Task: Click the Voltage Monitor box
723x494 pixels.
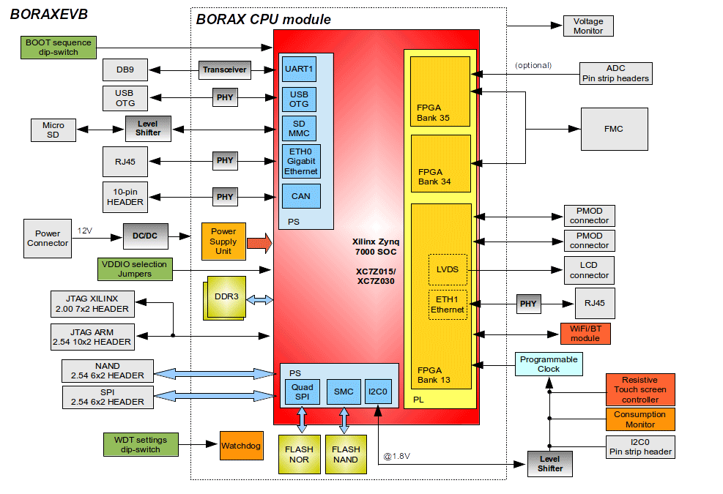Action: (x=588, y=26)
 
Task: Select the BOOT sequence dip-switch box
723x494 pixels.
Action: (x=59, y=47)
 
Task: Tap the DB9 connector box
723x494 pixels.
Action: (x=125, y=70)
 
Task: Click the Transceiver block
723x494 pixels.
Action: (x=225, y=70)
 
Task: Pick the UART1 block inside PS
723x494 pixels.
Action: (x=300, y=69)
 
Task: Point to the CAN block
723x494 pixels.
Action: (x=301, y=196)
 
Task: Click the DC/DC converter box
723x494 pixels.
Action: (x=145, y=236)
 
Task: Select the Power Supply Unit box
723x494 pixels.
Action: (x=223, y=241)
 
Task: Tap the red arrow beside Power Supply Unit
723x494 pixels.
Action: (x=259, y=243)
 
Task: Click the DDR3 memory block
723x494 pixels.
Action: (x=225, y=298)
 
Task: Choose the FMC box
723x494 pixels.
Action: (x=614, y=129)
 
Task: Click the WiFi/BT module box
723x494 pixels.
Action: (x=585, y=334)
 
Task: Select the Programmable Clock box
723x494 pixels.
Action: (x=549, y=364)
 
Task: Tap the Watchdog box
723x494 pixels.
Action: (x=241, y=446)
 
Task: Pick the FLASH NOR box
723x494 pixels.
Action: (x=300, y=454)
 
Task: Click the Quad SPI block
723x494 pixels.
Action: (x=303, y=392)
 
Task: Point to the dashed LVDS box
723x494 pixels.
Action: (x=448, y=269)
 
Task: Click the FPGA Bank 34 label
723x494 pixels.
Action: (x=434, y=177)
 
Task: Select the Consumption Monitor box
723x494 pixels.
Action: (x=640, y=419)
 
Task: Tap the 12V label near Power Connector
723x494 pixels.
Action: (x=85, y=231)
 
